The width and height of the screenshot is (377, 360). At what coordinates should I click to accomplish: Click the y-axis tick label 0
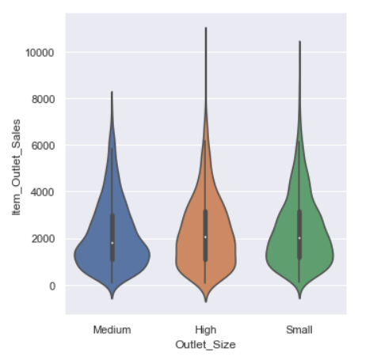click(52, 286)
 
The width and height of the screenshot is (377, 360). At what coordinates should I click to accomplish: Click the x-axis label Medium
click(112, 328)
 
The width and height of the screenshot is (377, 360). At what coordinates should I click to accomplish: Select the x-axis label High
click(205, 328)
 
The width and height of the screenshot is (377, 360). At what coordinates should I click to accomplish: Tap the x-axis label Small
click(299, 328)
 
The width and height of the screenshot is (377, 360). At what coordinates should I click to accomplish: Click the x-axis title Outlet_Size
click(205, 344)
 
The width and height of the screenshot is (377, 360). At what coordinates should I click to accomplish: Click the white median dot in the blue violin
click(112, 243)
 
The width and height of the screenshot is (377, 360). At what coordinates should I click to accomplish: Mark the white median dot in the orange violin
click(205, 237)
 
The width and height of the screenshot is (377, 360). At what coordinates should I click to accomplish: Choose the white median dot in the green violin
click(299, 238)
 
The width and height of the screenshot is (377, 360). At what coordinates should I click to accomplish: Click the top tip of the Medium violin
click(112, 92)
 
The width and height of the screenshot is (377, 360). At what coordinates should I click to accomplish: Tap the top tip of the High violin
click(205, 28)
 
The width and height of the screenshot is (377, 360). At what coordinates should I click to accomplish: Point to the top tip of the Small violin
click(299, 41)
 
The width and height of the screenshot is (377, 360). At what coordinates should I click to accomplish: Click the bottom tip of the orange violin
click(205, 301)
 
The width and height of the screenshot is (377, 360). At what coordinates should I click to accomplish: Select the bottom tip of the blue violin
click(112, 298)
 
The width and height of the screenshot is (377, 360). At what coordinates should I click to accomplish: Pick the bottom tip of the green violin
click(299, 298)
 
